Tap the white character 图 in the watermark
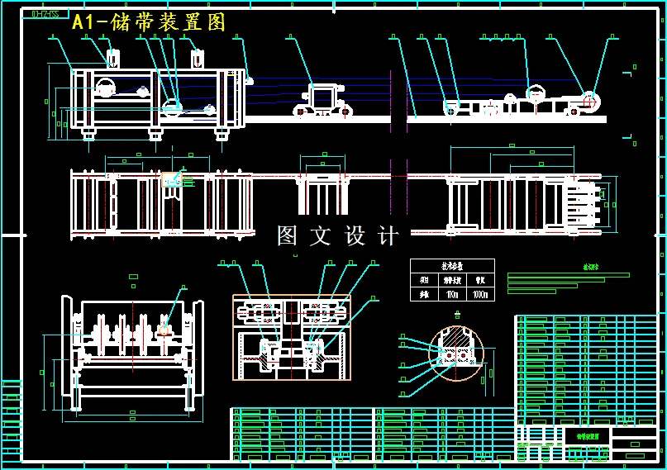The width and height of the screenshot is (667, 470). [x=287, y=236]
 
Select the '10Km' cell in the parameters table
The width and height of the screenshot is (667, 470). [x=451, y=294]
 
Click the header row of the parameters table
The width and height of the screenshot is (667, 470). [x=452, y=266]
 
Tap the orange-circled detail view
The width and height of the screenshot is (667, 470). [x=455, y=354]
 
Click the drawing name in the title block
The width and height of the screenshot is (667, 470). [x=587, y=435]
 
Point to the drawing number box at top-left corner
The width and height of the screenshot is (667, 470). [x=45, y=14]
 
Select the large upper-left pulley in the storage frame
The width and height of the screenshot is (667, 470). [x=105, y=86]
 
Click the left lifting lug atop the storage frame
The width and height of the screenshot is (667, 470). [x=113, y=59]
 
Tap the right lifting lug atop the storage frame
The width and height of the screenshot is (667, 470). [x=198, y=59]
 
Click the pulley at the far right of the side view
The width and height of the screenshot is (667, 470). [x=589, y=101]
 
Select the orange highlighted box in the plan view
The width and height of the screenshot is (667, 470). [x=171, y=178]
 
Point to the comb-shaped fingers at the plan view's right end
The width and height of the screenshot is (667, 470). [x=582, y=203]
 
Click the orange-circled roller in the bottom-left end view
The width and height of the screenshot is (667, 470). [x=164, y=329]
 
